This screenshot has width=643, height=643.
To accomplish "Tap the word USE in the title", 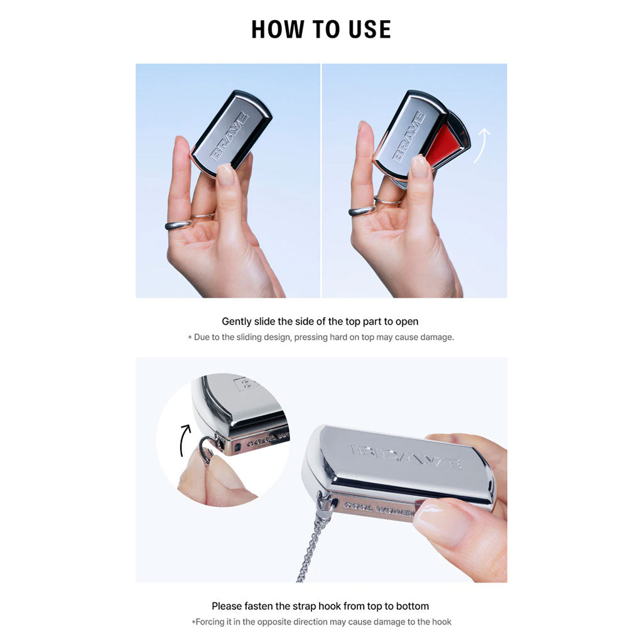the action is [x=369, y=30].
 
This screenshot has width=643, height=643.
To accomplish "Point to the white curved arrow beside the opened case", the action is [x=482, y=145].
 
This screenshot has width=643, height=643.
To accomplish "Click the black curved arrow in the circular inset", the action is [x=183, y=440].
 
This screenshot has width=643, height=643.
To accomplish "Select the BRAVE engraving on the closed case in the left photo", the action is [x=229, y=136].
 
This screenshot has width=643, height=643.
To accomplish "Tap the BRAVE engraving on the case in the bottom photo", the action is [x=407, y=456].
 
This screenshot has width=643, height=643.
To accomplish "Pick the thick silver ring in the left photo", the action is [x=178, y=225].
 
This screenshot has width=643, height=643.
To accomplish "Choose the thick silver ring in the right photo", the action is [x=362, y=210].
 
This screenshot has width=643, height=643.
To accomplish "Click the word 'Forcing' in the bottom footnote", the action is [x=210, y=622].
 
